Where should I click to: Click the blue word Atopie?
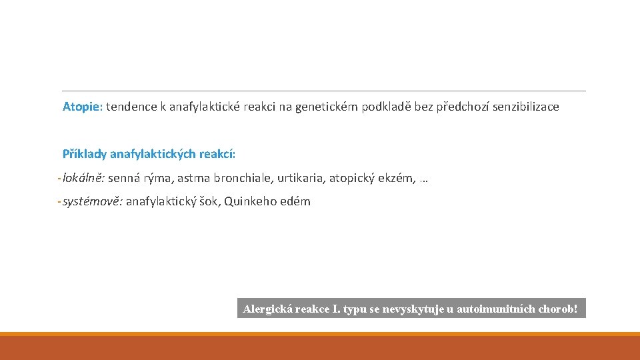click(x=81, y=107)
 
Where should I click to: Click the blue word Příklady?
click(x=84, y=154)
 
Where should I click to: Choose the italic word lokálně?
click(x=83, y=178)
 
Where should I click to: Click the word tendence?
click(x=130, y=107)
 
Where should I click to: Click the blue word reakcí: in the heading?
click(x=216, y=154)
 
